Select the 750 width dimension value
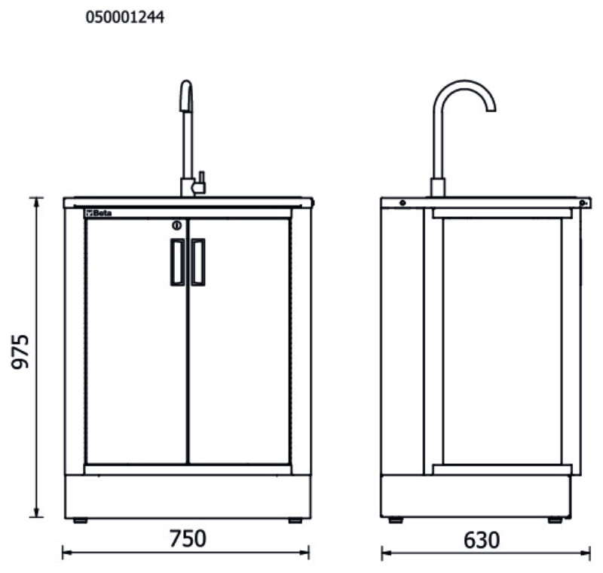tap(187, 539)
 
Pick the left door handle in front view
tap(177, 262)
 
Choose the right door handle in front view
tap(197, 262)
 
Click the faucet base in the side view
tap(437, 187)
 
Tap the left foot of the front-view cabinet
tap(79, 520)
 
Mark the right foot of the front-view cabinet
tap(295, 520)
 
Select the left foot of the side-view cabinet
tap(395, 520)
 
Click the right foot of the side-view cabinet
tap(555, 520)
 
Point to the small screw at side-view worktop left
tap(403, 203)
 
